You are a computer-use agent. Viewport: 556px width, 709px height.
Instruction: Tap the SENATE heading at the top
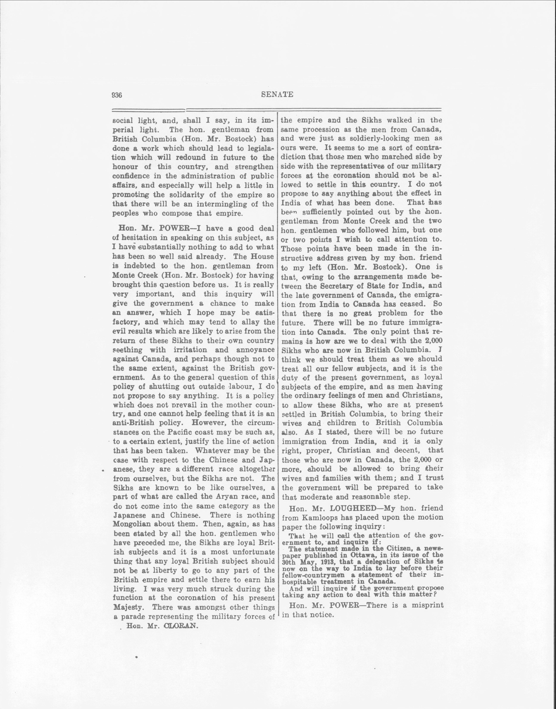(x=277, y=95)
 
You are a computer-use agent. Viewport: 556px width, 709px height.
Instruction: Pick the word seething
(x=128, y=350)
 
